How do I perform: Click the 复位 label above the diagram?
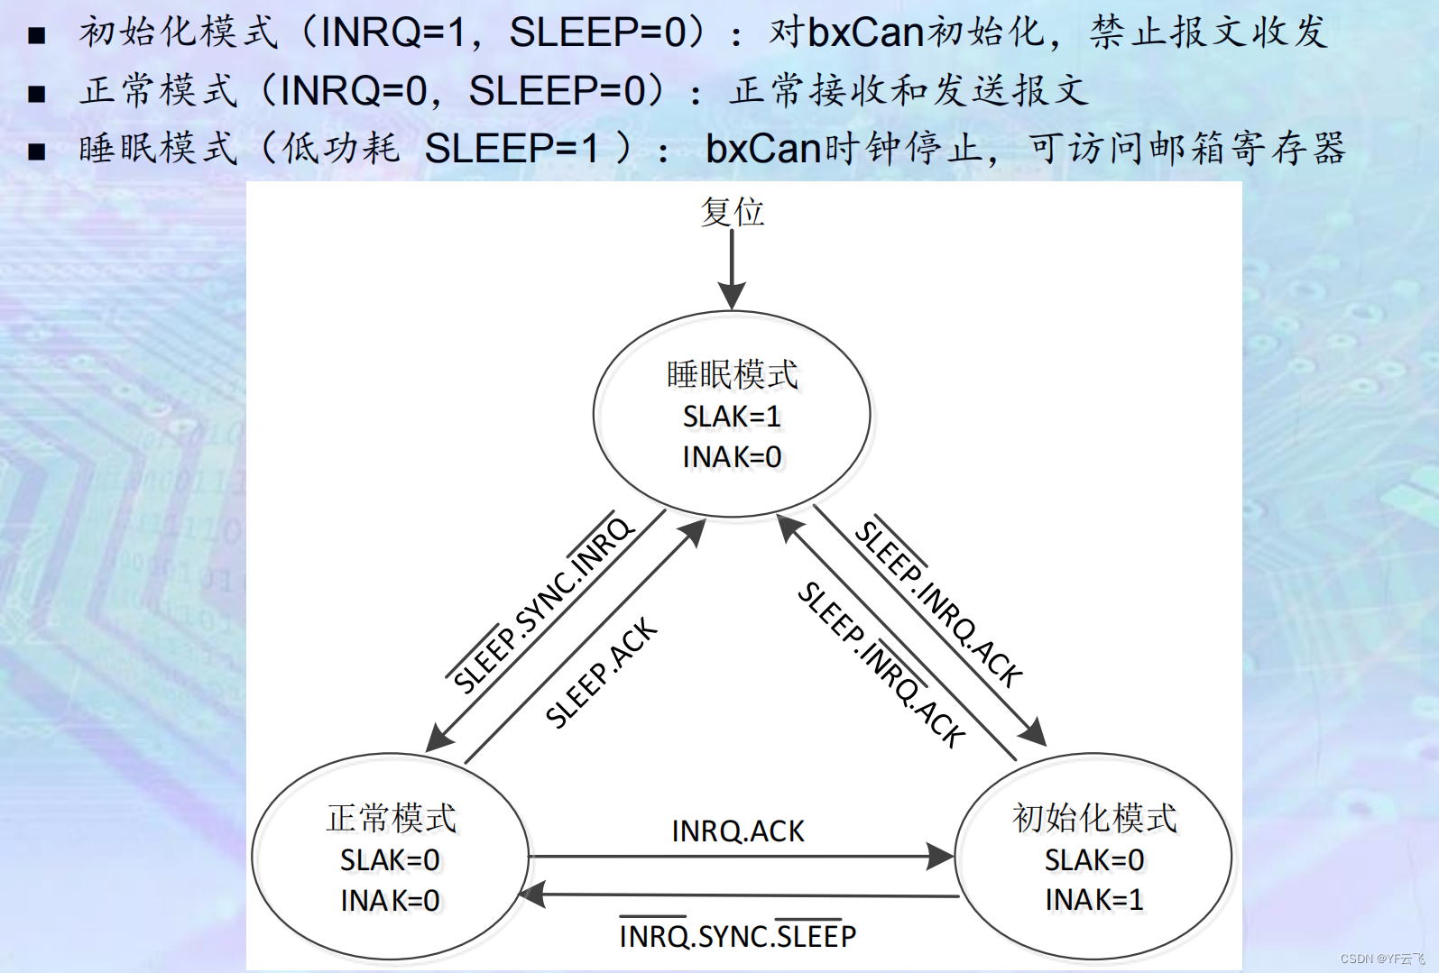(733, 212)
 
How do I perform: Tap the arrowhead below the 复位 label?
(732, 296)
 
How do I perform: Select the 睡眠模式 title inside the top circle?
(733, 374)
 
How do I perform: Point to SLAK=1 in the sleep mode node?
(732, 417)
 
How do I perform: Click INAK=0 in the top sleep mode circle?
(732, 457)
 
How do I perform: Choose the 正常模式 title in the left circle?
(392, 818)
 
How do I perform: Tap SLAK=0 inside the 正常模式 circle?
(390, 860)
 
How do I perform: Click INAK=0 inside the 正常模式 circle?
(390, 900)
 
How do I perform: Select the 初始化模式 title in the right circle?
(1094, 818)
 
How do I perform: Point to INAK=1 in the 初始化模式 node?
(1094, 899)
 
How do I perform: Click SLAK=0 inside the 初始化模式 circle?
(1094, 860)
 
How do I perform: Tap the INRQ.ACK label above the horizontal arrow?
(738, 831)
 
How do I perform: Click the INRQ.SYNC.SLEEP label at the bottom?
(738, 936)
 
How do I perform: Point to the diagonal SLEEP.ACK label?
(602, 673)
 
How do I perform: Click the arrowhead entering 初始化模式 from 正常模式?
(942, 857)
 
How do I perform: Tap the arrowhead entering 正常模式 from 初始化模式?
(532, 895)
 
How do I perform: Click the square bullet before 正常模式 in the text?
(36, 93)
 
